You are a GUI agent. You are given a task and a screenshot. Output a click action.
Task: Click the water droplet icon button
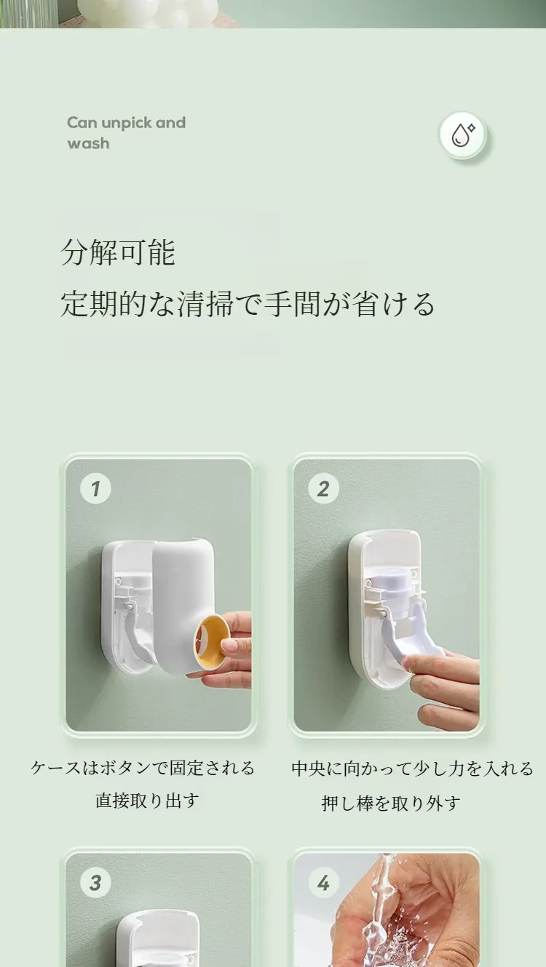(463, 135)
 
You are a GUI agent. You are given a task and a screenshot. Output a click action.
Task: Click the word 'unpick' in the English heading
(126, 124)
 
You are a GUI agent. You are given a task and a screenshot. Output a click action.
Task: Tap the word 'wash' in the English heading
(88, 143)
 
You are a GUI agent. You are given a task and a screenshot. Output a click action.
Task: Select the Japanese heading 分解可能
(118, 252)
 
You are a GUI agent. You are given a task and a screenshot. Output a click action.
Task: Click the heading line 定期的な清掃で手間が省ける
(248, 305)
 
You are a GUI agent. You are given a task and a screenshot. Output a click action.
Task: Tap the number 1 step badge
(95, 489)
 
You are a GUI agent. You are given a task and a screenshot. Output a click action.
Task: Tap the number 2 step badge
(323, 489)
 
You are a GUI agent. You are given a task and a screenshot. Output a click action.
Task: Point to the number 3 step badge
(95, 883)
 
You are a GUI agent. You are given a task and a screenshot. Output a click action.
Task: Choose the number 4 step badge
(323, 883)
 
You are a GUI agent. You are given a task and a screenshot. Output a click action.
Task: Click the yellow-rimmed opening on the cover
(212, 646)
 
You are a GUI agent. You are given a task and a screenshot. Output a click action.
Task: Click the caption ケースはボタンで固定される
(143, 768)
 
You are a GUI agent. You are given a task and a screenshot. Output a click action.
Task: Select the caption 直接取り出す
(147, 800)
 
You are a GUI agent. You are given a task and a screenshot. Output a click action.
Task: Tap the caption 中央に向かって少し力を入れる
(413, 769)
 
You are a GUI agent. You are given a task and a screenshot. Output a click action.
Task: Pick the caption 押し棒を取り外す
(391, 803)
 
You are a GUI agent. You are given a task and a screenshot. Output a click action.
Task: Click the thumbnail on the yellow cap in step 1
(229, 646)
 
